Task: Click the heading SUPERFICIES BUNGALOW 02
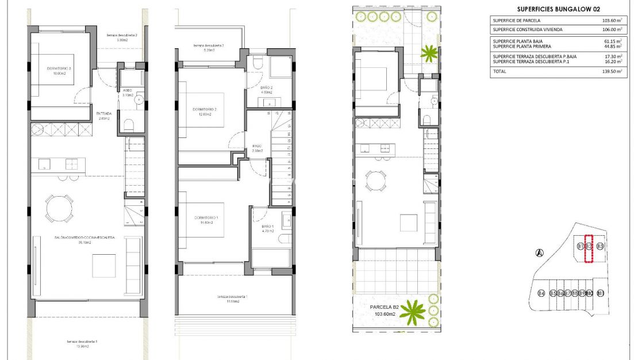pos(551,9)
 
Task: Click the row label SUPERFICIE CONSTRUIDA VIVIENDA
pos(527,29)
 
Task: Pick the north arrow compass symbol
pos(539,252)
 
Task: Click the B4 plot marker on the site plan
pos(541,294)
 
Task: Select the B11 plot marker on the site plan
pos(601,294)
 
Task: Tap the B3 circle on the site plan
pos(600,246)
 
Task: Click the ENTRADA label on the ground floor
pos(104,114)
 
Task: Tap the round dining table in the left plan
pos(59,209)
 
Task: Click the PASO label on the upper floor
pos(257,147)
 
